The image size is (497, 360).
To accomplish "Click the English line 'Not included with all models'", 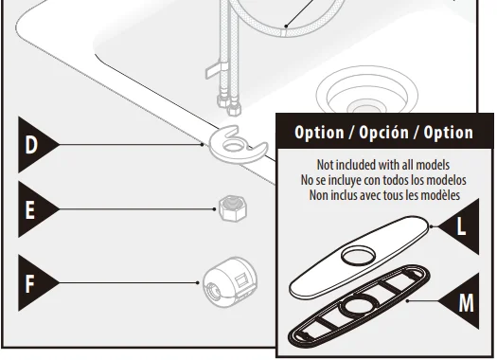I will (x=383, y=164).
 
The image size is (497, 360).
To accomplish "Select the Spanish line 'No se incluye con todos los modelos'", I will (x=383, y=179).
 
